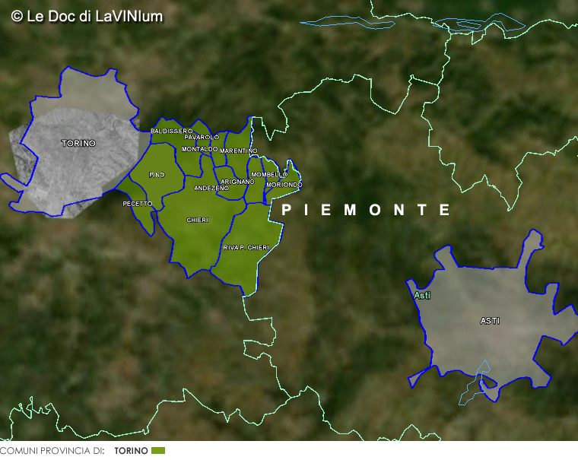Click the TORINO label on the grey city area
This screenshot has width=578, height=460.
click(x=79, y=143)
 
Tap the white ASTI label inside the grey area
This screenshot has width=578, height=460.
click(x=490, y=321)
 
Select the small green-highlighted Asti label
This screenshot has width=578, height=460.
click(x=421, y=295)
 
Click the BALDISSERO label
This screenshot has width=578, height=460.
click(x=172, y=132)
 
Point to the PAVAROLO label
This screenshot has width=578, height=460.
click(x=202, y=137)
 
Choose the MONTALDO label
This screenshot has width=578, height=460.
click(x=199, y=149)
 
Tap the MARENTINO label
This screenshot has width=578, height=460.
click(x=239, y=151)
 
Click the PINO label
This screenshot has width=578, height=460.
click(x=157, y=175)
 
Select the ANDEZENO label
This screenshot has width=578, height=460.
click(x=211, y=188)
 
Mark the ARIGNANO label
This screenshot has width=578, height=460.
click(x=237, y=182)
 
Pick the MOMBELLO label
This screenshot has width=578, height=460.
click(x=269, y=175)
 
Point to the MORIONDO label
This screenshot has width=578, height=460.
click(x=284, y=185)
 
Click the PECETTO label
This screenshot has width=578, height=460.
click(x=138, y=204)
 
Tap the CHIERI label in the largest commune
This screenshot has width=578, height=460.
click(x=198, y=220)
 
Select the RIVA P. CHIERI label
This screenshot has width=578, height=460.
click(x=246, y=248)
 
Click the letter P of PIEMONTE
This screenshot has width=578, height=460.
click(x=287, y=210)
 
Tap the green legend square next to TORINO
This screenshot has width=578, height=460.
click(x=158, y=451)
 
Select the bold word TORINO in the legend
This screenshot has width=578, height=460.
click(x=132, y=451)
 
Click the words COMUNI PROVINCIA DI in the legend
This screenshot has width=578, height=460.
click(x=52, y=451)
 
